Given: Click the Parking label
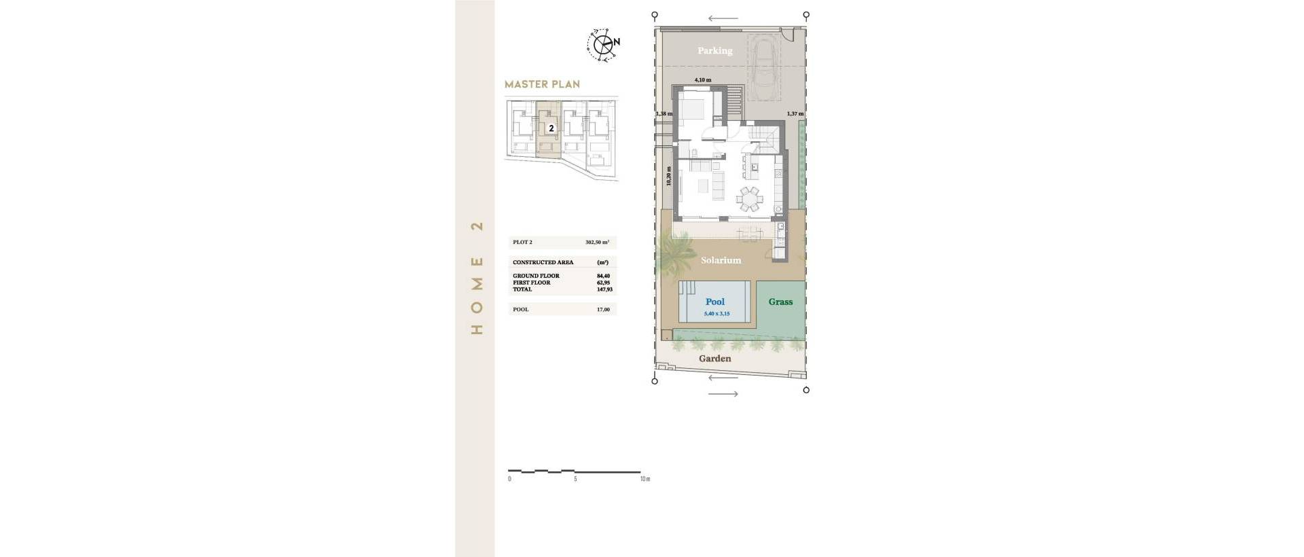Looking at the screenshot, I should pyautogui.click(x=715, y=51).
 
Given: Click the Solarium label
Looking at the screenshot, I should pyautogui.click(x=721, y=260).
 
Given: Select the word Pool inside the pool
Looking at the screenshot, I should pyautogui.click(x=715, y=302).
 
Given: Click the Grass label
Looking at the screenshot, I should pyautogui.click(x=780, y=302).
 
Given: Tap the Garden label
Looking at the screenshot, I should pyautogui.click(x=715, y=359).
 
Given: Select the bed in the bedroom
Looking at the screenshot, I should pyautogui.click(x=694, y=109).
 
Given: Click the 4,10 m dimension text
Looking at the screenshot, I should pyautogui.click(x=702, y=80).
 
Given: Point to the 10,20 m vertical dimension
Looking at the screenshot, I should pyautogui.click(x=668, y=177).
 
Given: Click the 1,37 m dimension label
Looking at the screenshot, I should pyautogui.click(x=795, y=114).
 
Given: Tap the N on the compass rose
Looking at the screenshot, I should pyautogui.click(x=617, y=42).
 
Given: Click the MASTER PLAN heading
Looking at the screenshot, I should pyautogui.click(x=542, y=85).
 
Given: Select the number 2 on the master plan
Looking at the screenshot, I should pyautogui.click(x=551, y=128).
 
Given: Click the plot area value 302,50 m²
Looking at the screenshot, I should pyautogui.click(x=597, y=242).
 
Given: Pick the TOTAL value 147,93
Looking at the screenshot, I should pyautogui.click(x=603, y=289).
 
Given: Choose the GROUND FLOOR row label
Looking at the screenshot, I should pyautogui.click(x=536, y=276).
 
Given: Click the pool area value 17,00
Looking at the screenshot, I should pyautogui.click(x=603, y=310).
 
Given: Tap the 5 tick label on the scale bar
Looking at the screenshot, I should pyautogui.click(x=575, y=479).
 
